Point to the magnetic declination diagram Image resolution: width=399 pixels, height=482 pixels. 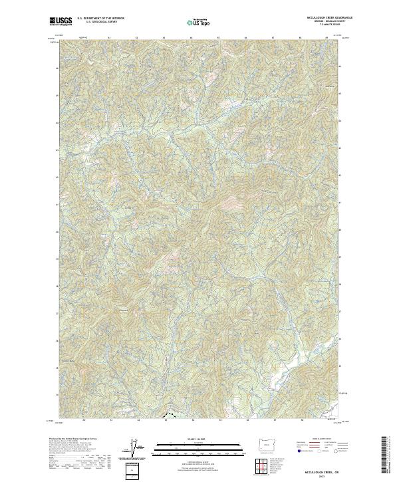(134, 449)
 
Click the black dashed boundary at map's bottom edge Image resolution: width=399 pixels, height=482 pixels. (170, 416)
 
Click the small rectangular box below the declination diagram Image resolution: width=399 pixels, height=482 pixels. (133, 471)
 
